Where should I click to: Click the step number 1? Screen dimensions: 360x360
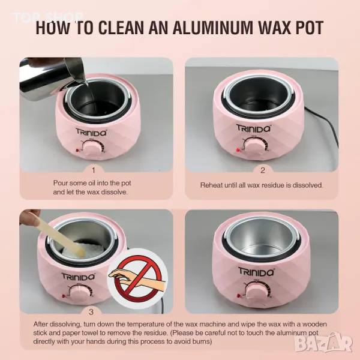(x=94, y=170)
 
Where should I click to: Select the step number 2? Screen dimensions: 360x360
(x=263, y=170)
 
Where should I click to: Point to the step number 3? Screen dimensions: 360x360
(x=91, y=312)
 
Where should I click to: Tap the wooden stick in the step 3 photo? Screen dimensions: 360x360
(x=62, y=236)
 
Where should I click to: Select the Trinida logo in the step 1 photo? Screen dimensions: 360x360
(x=91, y=133)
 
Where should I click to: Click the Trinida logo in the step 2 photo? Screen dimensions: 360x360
(x=253, y=128)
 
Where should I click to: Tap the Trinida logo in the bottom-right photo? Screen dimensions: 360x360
(x=256, y=271)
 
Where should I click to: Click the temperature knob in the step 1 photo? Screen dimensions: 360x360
(x=92, y=149)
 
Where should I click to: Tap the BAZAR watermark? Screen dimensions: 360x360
(x=324, y=343)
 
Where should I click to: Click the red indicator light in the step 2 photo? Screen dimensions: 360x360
(x=238, y=150)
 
